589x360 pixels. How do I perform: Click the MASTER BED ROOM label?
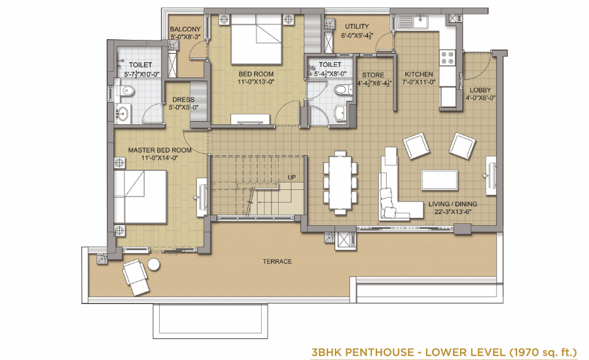pyautogui.click(x=160, y=150)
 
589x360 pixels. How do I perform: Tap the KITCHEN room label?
pyautogui.click(x=418, y=74)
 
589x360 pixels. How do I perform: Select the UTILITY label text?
pyautogui.click(x=357, y=26)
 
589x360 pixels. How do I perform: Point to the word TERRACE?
pyautogui.click(x=277, y=261)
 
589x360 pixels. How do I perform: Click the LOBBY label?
pyautogui.click(x=480, y=90)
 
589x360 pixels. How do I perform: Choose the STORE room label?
pyautogui.click(x=373, y=75)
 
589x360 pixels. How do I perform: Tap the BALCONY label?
pyautogui.click(x=185, y=29)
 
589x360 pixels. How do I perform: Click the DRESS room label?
pyautogui.click(x=183, y=99)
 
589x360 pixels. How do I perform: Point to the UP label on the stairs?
pyautogui.click(x=291, y=177)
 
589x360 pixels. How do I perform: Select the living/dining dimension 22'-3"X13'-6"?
pyautogui.click(x=453, y=212)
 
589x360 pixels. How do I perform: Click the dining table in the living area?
pyautogui.click(x=340, y=183)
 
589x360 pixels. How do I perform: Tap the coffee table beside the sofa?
pyautogui.click(x=440, y=181)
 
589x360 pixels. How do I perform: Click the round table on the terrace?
pyautogui.click(x=154, y=264)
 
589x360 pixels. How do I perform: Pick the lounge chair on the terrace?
pyautogui.click(x=135, y=277)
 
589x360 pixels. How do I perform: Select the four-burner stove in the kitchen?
pyautogui.click(x=448, y=58)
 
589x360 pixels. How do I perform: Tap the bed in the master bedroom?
pyautogui.click(x=140, y=196)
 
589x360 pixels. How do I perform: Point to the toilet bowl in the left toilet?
pyautogui.click(x=127, y=90)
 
